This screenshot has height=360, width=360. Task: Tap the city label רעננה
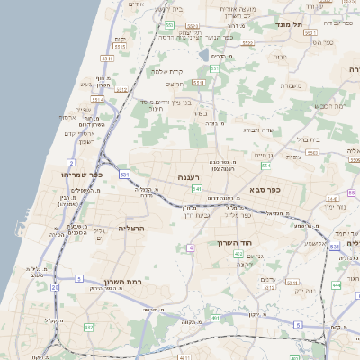pos(188,177)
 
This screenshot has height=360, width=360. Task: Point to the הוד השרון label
pos(238,243)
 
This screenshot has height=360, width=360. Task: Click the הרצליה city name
pos(131,228)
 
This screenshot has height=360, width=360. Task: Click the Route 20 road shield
pos(55,287)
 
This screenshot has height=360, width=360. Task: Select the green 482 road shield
pos(87,327)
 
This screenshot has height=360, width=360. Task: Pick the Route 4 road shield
pos(191,247)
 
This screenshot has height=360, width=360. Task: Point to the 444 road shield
pos(335,284)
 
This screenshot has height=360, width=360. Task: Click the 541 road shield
pos(196,189)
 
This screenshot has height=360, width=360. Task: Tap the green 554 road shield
pos(266,166)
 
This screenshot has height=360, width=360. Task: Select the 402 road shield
pos(238,255)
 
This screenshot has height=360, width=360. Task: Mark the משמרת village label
pos(289,85)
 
